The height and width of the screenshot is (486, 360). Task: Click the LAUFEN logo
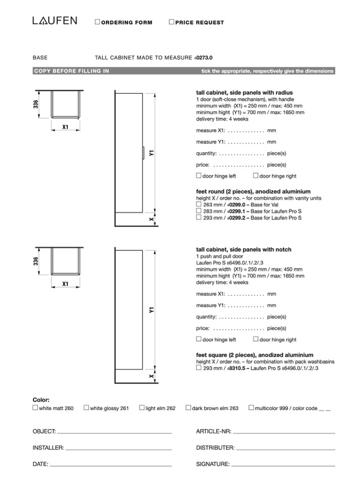coord(55,21)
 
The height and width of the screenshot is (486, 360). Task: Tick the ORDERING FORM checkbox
coord(97,22)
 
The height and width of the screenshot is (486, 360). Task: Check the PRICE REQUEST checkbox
coord(171,22)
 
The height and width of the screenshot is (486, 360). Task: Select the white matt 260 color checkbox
coord(35,407)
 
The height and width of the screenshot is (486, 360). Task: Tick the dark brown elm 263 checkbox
coord(188,407)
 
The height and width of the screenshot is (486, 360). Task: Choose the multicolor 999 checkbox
coord(251,407)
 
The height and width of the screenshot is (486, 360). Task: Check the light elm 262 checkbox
coord(142,407)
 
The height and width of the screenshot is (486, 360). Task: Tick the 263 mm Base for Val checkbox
coord(199,204)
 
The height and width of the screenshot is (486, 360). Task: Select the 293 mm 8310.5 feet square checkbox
coord(199,368)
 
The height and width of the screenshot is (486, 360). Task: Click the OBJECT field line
coord(114,433)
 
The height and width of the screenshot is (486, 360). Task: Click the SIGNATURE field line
coord(283,465)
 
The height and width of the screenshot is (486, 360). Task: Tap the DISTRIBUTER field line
coord(285,449)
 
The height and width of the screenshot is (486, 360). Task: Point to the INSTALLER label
coord(48,448)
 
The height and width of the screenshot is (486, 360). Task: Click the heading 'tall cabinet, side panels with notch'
coord(243,250)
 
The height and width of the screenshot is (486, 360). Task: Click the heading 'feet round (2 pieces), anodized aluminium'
coord(246,192)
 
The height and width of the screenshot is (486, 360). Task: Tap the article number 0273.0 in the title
coord(204,58)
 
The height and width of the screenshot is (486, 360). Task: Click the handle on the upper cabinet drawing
coord(144,152)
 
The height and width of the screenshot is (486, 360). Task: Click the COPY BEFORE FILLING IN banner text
coord(71,71)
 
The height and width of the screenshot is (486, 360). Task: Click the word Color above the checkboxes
coord(41,400)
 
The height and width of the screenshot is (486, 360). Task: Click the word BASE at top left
coord(40,58)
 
